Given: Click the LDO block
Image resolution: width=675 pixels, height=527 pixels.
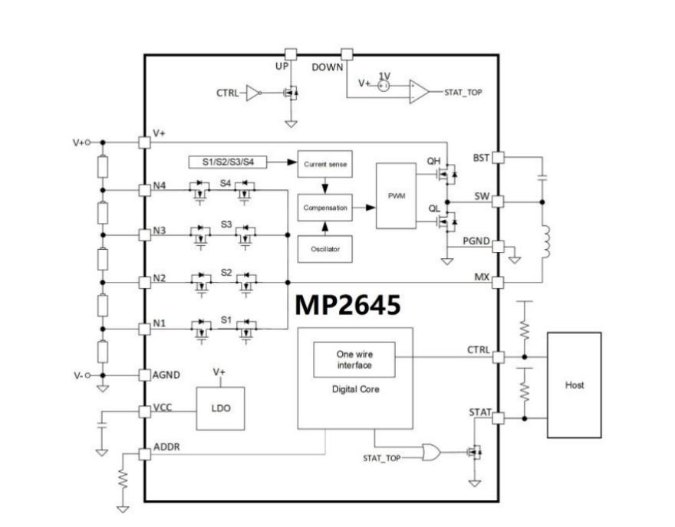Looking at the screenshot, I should tap(219, 408).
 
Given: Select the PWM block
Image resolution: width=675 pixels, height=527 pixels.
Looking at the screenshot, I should tap(396, 195).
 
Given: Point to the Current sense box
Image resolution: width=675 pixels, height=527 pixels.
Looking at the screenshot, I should tap(324, 163).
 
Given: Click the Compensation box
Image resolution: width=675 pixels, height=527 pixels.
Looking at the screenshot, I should tap(324, 207).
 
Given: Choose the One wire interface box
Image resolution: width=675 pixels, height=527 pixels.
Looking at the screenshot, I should tap(354, 360).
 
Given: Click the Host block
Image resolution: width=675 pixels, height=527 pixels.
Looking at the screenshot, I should tap(573, 385).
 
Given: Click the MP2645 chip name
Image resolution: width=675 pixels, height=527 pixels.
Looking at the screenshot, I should tap(347, 306).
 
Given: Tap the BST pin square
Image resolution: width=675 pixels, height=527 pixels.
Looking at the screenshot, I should tap(497, 158).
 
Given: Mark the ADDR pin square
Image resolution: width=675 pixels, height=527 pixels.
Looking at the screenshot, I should tap(143, 455).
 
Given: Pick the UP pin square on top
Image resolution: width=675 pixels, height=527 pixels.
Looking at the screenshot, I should tap(291, 54).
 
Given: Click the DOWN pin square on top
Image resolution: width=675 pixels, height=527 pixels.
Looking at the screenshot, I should tap(347, 54).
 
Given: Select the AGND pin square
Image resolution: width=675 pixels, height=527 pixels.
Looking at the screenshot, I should tap(143, 375).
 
